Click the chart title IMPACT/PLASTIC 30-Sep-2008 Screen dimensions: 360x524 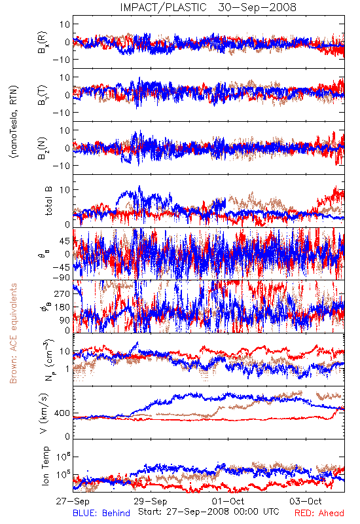[x=208, y=7]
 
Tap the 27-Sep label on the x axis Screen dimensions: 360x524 [x=73, y=502]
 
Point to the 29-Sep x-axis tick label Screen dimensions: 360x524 [x=151, y=502]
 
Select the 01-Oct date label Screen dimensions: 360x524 [x=228, y=502]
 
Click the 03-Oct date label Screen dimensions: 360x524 [x=306, y=502]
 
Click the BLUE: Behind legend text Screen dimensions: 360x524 [x=101, y=514]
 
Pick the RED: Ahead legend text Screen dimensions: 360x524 [x=319, y=514]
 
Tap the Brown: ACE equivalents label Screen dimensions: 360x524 [x=13, y=333]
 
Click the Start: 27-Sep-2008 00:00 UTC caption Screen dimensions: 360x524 [x=209, y=512]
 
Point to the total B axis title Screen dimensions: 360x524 [x=48, y=201]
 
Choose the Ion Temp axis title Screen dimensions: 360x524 [x=45, y=466]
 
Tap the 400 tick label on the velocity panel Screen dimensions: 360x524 [x=62, y=413]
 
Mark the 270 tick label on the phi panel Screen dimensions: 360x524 [x=62, y=293]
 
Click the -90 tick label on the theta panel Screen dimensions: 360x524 [x=62, y=277]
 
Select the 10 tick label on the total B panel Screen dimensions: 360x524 [x=64, y=189]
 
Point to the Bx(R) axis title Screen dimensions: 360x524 [x=43, y=42]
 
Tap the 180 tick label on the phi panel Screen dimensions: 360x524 [x=62, y=307]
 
